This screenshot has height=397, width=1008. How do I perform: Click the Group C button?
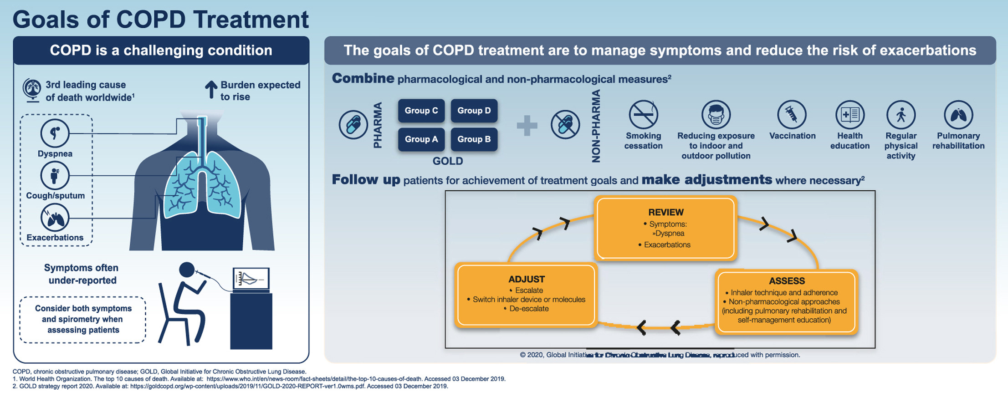[x=421, y=111]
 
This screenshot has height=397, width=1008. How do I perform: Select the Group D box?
[x=474, y=111]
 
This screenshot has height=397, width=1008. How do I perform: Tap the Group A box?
[x=421, y=139]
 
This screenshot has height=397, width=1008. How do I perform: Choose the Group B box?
[x=474, y=139]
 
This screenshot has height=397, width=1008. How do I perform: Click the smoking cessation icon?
[x=643, y=114]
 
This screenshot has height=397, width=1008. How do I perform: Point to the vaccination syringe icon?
[x=792, y=114]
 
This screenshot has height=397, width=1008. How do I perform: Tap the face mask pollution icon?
[x=716, y=114]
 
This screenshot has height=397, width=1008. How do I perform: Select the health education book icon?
[x=849, y=114]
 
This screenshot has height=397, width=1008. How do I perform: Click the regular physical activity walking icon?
[x=901, y=114]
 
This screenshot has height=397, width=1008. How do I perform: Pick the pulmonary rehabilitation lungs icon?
[x=958, y=114]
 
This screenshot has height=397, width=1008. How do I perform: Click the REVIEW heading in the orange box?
[x=665, y=212]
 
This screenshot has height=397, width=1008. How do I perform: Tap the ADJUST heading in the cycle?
[x=526, y=279]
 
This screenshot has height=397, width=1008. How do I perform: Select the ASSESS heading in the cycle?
[x=787, y=281]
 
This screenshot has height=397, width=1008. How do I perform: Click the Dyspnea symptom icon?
[x=55, y=133]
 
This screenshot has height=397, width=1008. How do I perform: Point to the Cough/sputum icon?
[x=55, y=175]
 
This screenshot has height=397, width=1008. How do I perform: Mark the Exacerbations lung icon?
[x=55, y=218]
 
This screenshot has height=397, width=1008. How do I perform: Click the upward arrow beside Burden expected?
[x=210, y=90]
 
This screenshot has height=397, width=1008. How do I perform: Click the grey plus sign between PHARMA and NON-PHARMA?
[x=527, y=125]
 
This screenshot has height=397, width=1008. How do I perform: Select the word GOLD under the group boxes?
[x=447, y=161]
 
